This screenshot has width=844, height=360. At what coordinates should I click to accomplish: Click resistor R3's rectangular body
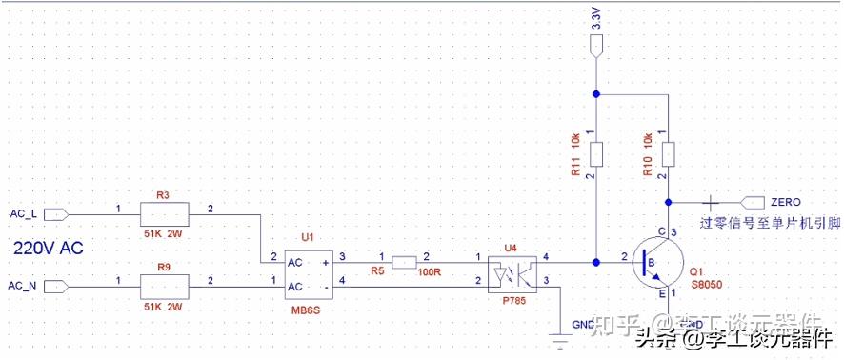pyautogui.click(x=164, y=214)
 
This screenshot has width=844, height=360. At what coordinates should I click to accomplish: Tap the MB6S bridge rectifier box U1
pyautogui.click(x=306, y=273)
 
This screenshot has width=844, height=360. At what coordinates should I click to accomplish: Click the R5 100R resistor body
pyautogui.click(x=403, y=258)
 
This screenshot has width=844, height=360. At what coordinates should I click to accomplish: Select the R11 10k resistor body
pyautogui.click(x=595, y=153)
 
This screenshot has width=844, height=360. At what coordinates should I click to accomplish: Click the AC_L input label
pyautogui.click(x=22, y=212)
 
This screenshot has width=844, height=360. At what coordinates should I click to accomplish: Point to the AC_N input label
pyautogui.click(x=22, y=286)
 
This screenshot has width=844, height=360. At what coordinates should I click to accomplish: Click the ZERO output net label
pyautogui.click(x=785, y=202)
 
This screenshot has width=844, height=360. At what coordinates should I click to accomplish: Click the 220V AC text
pyautogui.click(x=49, y=248)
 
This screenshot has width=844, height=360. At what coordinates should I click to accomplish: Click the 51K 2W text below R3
pyautogui.click(x=163, y=231)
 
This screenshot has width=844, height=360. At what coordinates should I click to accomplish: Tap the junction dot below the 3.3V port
pyautogui.click(x=595, y=93)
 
